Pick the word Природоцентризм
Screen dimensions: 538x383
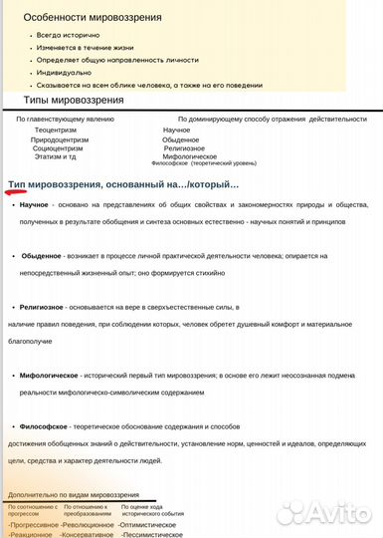click(x=60, y=139)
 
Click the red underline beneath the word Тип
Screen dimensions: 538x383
click(x=18, y=191)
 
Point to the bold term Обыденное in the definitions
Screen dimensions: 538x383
click(x=43, y=256)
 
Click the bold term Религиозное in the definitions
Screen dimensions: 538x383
click(x=42, y=308)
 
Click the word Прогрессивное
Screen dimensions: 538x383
click(x=32, y=523)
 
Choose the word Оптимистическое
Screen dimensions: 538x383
click(x=148, y=523)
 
